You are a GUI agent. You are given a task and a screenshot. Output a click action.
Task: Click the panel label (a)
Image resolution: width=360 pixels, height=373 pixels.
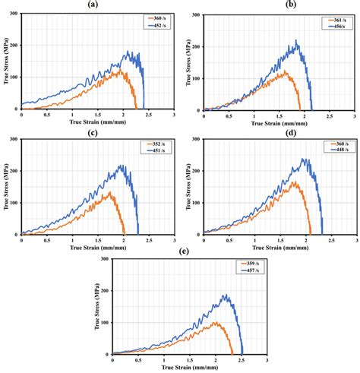coord(92,4)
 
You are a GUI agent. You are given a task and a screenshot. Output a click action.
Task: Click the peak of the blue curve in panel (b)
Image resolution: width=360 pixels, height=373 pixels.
coord(296,41)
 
